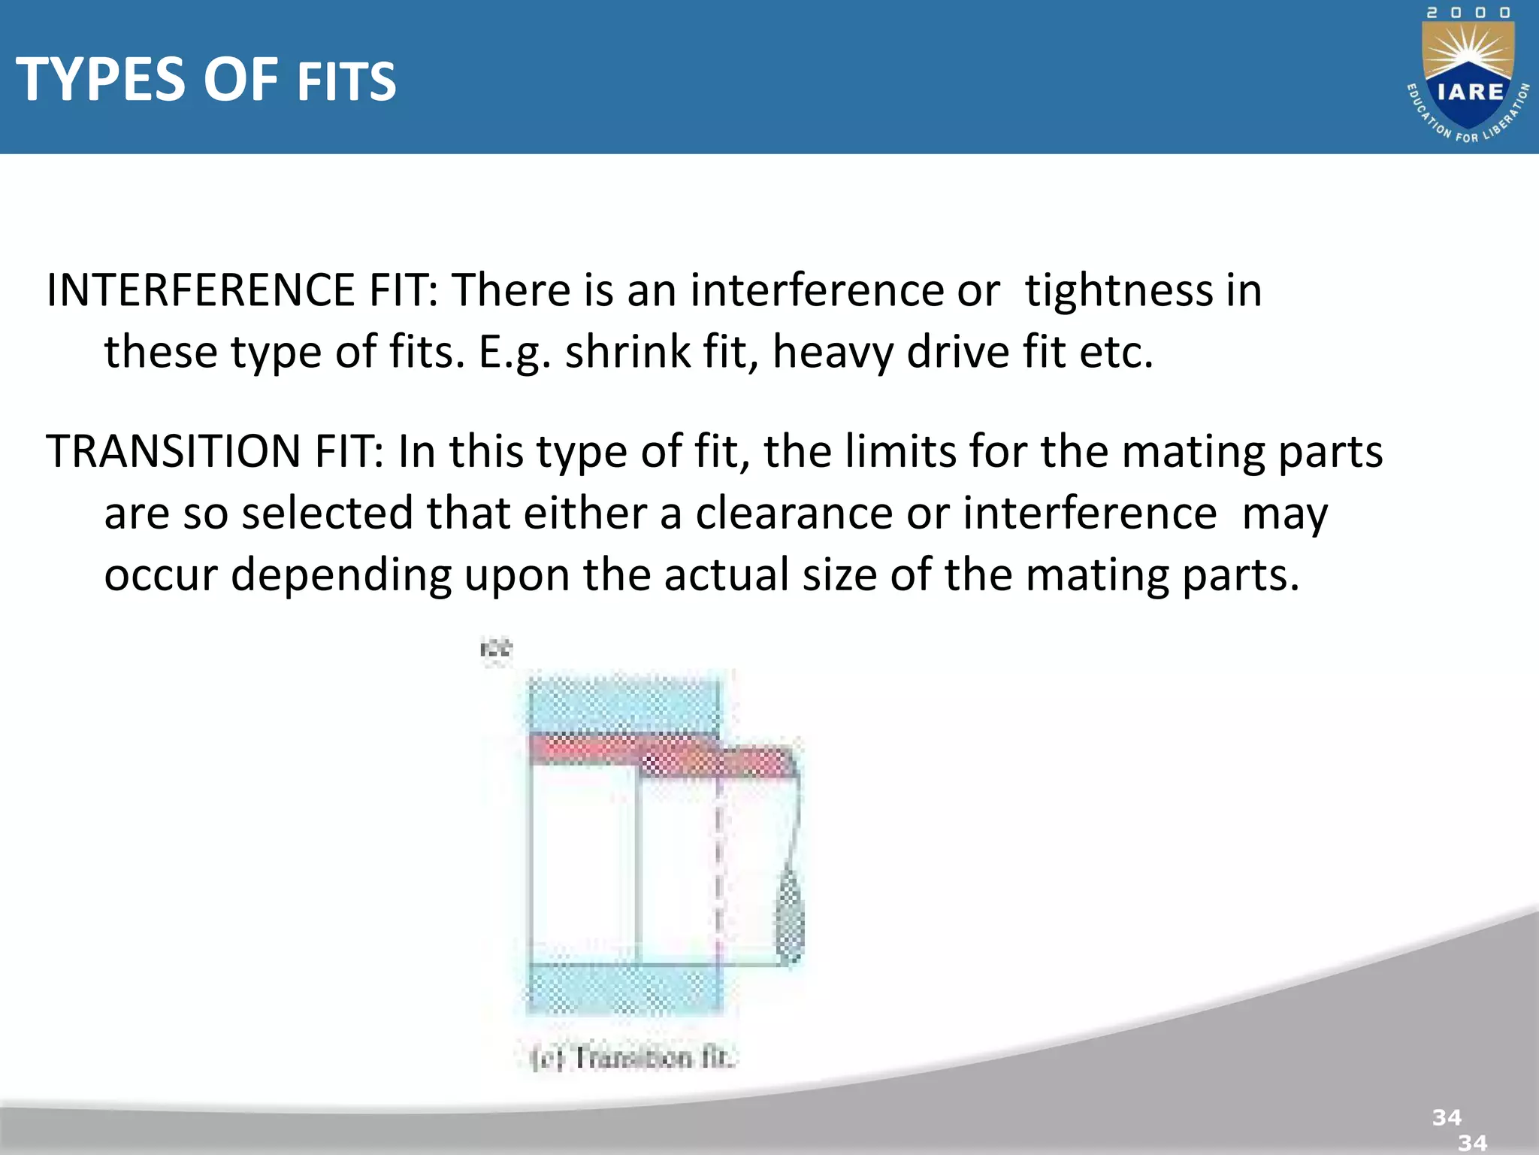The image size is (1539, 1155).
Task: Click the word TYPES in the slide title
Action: point(101,80)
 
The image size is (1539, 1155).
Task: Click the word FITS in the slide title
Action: point(346,83)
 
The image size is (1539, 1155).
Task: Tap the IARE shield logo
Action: point(1469,83)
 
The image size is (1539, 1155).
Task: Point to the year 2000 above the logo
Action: point(1468,13)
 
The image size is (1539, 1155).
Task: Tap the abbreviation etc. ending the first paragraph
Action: point(1115,352)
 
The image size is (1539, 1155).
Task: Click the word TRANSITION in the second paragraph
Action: point(174,452)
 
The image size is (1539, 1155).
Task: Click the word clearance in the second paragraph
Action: point(794,514)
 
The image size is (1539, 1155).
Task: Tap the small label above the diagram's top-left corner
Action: point(495,647)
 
